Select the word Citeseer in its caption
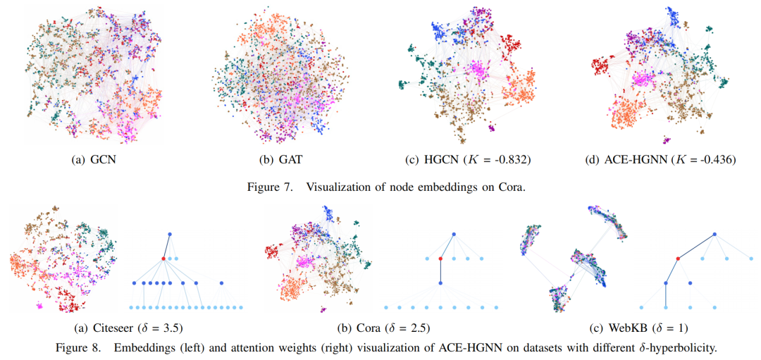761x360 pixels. pyautogui.click(x=113, y=328)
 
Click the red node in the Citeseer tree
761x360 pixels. pyautogui.click(x=163, y=259)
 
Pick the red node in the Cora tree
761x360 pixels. pyautogui.click(x=440, y=259)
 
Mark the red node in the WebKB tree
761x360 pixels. pyautogui.click(x=677, y=259)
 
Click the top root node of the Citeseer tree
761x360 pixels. pyautogui.click(x=170, y=233)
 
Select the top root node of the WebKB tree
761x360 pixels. pyautogui.click(x=714, y=234)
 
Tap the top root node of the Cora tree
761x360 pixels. pyautogui.click(x=454, y=233)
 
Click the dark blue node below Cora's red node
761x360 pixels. pyautogui.click(x=440, y=283)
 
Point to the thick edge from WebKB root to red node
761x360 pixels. pyautogui.click(x=696, y=246)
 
